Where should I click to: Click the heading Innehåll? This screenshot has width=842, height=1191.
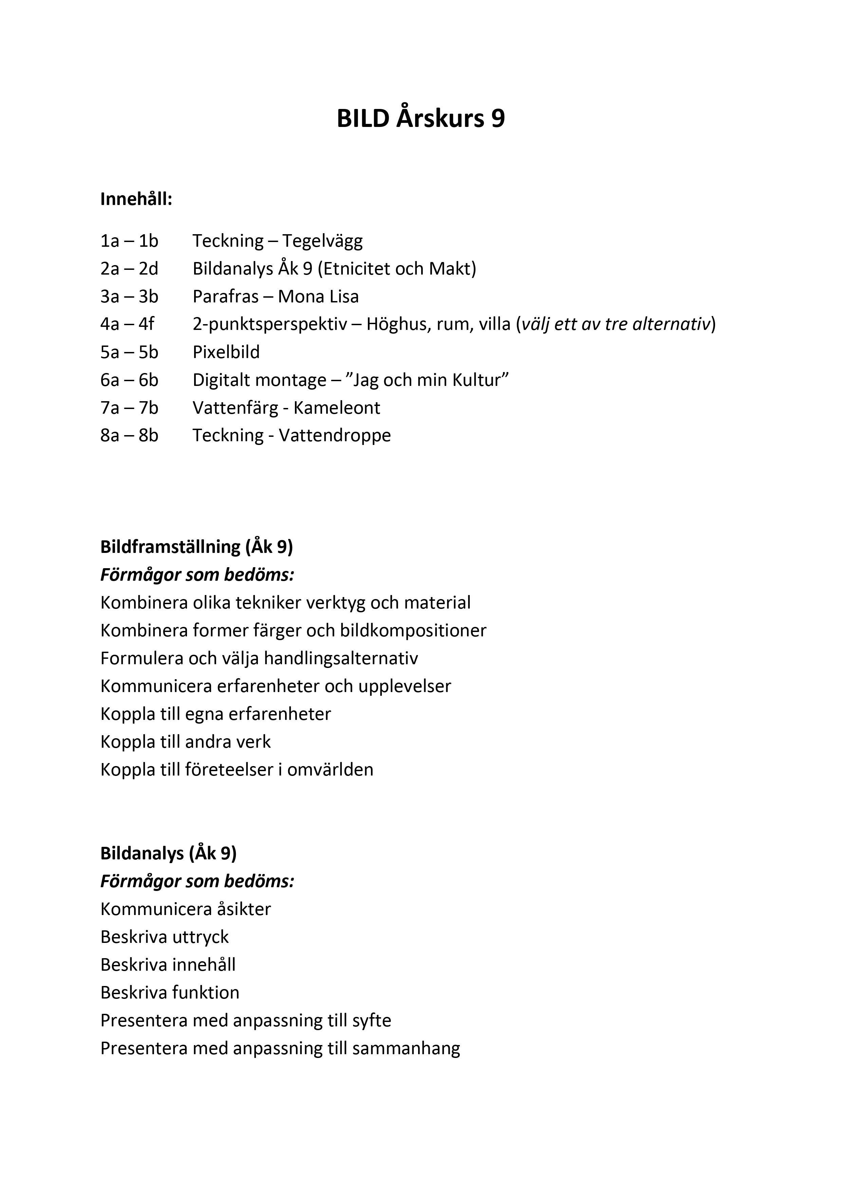(136, 199)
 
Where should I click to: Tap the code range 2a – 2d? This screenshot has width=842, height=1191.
(129, 269)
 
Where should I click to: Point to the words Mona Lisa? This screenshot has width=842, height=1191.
(318, 297)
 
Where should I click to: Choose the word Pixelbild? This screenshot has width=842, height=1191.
(226, 352)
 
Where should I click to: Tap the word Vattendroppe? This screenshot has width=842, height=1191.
(335, 436)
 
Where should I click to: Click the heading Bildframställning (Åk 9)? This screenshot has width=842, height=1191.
(197, 547)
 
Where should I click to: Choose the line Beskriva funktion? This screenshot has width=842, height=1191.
(170, 993)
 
